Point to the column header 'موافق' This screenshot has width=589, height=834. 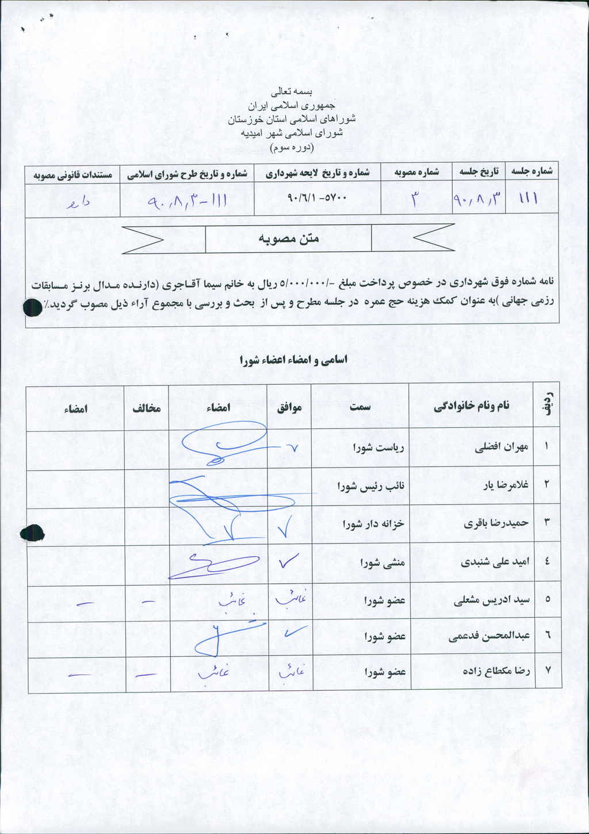(290, 408)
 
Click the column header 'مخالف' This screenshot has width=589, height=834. (146, 408)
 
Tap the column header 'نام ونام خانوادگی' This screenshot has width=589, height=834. (471, 406)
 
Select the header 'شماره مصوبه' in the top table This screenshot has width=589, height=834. (416, 171)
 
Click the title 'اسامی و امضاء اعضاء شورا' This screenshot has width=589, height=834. (294, 360)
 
